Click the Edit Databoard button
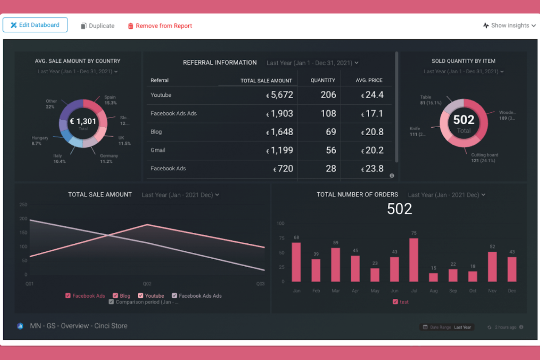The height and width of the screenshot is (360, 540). tap(35, 25)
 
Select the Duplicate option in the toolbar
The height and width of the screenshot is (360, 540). tap(97, 26)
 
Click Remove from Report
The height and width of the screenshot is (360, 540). tap(160, 26)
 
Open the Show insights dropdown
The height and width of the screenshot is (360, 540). tap(509, 26)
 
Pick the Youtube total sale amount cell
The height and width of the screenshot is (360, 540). tap(280, 95)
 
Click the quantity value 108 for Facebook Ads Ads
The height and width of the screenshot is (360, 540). tap(328, 113)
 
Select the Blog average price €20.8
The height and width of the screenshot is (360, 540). tap(372, 132)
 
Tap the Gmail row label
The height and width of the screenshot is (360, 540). tap(158, 150)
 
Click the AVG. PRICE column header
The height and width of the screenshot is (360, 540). tap(369, 80)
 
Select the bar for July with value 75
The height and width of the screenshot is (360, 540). tap(414, 260)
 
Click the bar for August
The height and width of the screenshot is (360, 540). tap(433, 277)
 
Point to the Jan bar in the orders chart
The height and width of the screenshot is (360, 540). tap(296, 262)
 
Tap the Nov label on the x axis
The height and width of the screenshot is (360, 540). tap(492, 291)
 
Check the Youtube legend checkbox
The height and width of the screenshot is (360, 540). tap(140, 296)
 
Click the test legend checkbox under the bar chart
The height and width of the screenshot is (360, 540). tap(395, 302)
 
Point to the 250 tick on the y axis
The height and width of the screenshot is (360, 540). tap(23, 205)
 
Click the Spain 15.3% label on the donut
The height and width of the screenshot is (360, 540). tap(110, 100)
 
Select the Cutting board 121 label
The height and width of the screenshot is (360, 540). tap(484, 158)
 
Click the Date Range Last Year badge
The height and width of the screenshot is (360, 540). tap(447, 327)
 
